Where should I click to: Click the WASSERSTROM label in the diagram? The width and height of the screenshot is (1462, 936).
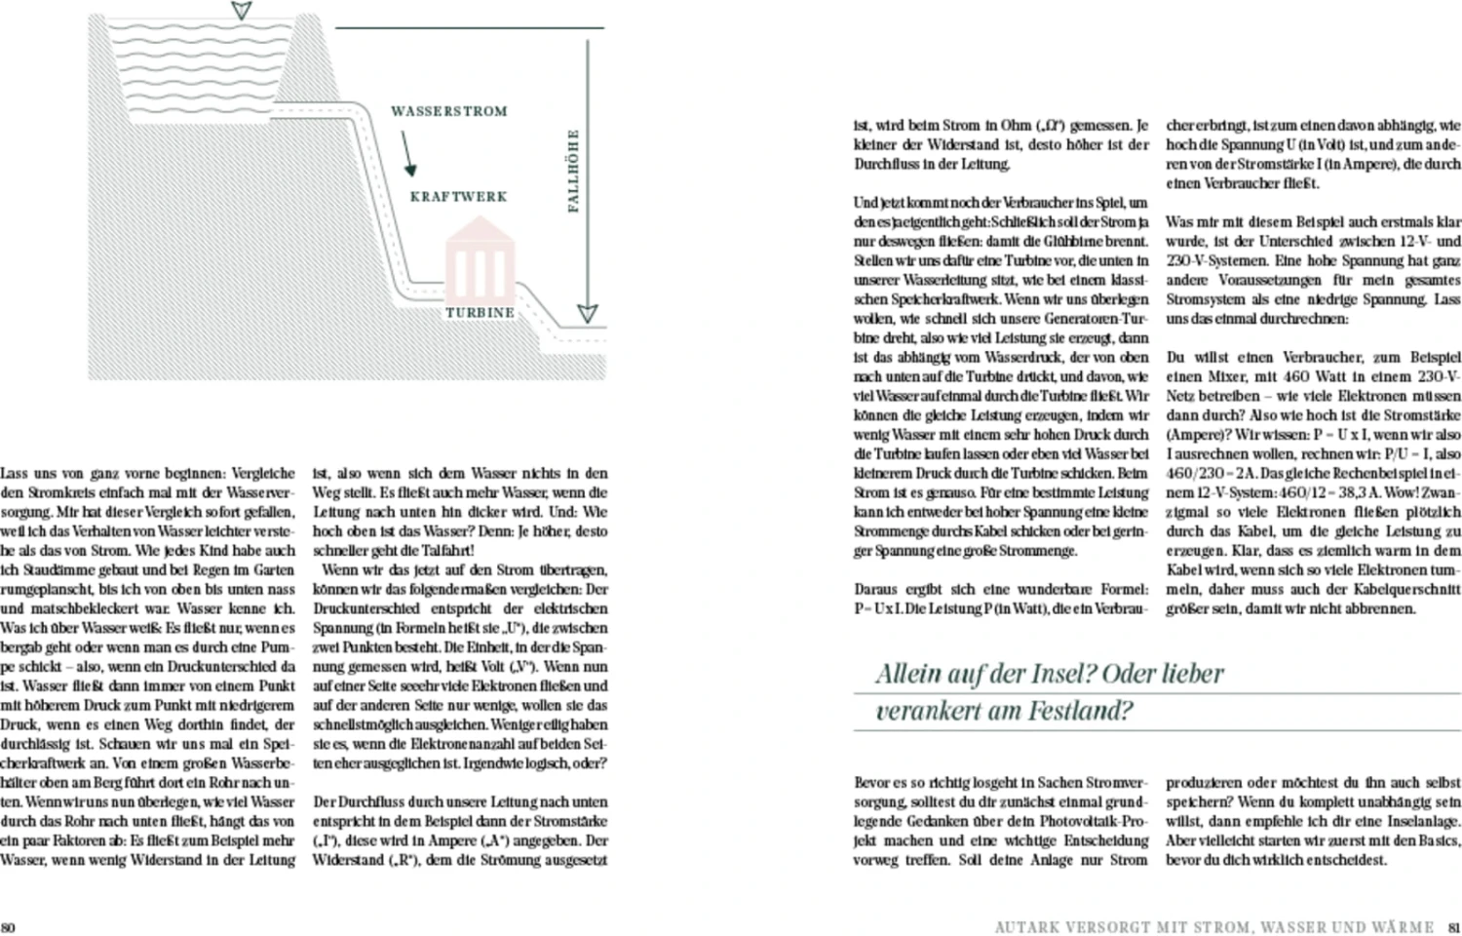coord(448,111)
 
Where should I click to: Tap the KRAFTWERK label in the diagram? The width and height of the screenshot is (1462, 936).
coord(458,196)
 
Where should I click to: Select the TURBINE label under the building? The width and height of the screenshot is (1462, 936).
coord(480,313)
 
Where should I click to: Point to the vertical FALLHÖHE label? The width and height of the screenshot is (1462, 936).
coord(573,171)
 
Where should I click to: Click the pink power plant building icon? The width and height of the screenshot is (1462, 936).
coord(479,260)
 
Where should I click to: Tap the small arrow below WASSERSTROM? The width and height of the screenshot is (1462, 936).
coord(407,155)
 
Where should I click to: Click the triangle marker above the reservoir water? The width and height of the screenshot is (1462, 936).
coord(241,12)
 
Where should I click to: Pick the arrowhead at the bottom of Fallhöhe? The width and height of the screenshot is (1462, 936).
coord(587,313)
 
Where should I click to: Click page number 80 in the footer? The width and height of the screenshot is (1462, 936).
coord(8,927)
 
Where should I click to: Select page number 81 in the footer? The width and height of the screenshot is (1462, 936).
coord(1453,927)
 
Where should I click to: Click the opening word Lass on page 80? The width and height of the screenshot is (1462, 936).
coord(15,473)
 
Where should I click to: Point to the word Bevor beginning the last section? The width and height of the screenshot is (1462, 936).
coord(873,782)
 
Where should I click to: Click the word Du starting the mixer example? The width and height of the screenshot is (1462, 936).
coord(1176,357)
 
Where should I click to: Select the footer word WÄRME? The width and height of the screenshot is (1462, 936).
coord(1401,927)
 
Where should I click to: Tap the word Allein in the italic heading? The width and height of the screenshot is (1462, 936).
coord(909,673)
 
